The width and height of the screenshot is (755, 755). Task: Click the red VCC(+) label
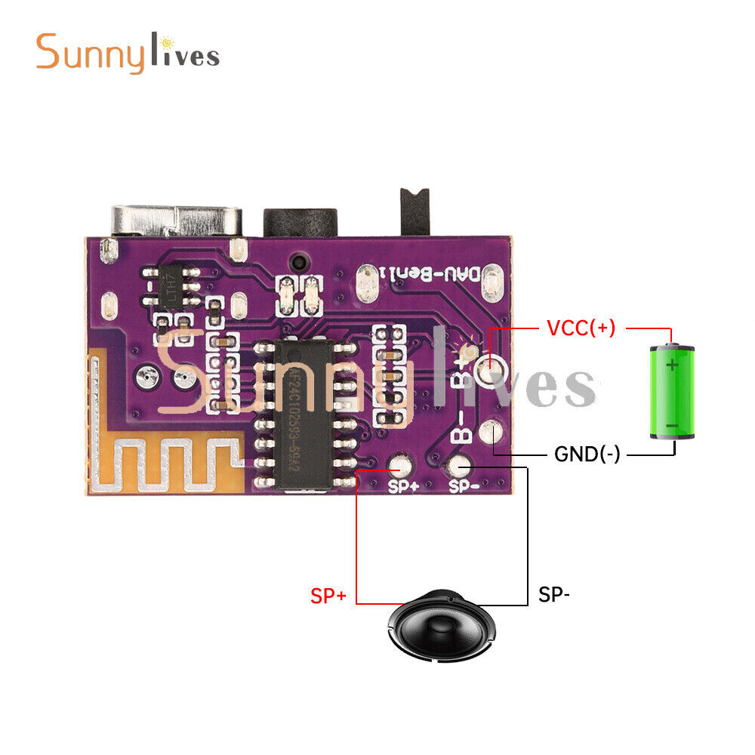[x=581, y=328]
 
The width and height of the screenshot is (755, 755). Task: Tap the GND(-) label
[x=587, y=455]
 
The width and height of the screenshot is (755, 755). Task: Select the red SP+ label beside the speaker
[x=328, y=596]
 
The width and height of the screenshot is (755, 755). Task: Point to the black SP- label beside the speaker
[x=554, y=595]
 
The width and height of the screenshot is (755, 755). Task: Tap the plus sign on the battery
[x=672, y=365]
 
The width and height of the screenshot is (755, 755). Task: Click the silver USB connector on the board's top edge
[x=177, y=221]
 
